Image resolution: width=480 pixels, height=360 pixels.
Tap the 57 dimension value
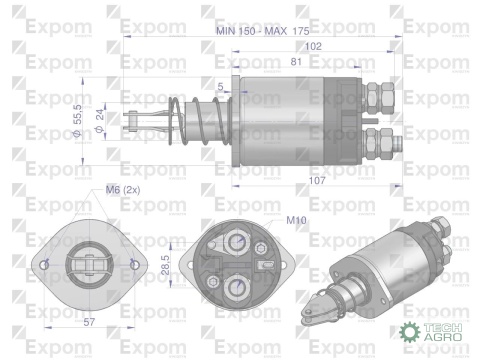click(90, 324)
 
